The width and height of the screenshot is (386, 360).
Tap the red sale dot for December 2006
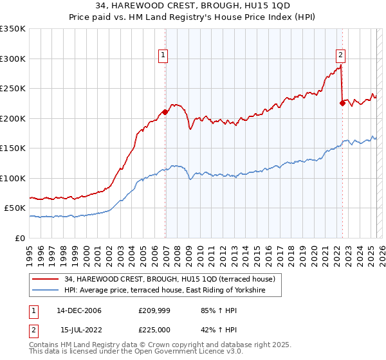(165, 112)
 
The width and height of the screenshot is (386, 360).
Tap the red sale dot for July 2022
(342, 103)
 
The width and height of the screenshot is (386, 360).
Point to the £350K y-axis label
(13, 29)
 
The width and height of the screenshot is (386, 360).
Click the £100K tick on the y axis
(13, 178)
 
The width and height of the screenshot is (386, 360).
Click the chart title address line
(193, 6)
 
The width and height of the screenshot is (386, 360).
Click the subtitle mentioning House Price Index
(193, 17)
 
